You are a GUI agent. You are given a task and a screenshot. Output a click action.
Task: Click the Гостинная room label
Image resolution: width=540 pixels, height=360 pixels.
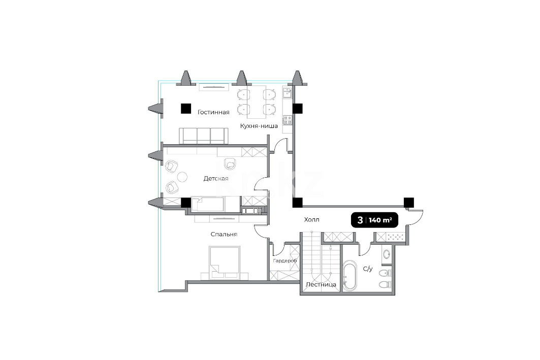(213, 112)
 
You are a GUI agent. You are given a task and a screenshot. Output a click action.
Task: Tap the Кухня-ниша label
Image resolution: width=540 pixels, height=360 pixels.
(259, 126)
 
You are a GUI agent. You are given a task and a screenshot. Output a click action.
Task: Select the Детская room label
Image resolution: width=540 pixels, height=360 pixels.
(216, 179)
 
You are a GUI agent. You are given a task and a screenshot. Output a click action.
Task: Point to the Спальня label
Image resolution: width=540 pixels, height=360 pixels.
(224, 235)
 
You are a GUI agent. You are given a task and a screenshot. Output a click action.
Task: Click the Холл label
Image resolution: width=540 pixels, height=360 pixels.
(312, 219)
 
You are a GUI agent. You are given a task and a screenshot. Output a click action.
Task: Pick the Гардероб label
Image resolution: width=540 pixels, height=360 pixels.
(285, 261)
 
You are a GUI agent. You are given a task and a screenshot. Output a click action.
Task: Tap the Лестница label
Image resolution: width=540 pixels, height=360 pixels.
(321, 285)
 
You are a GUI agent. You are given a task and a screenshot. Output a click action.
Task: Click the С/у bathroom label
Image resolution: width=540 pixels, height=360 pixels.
(368, 269)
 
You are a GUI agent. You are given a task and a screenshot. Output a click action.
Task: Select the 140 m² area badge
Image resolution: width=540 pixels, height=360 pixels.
(374, 220)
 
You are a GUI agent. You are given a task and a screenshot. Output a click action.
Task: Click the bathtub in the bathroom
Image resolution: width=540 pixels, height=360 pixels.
(351, 276)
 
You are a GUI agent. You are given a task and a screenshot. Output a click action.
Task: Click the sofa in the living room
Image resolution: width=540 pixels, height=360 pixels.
(204, 136)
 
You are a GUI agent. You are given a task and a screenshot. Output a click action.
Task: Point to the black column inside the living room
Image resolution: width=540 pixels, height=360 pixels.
(186, 109)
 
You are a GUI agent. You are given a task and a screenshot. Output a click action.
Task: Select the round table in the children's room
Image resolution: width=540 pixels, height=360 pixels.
(182, 177)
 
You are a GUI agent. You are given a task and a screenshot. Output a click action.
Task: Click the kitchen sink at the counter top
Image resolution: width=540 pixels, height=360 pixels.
(287, 92)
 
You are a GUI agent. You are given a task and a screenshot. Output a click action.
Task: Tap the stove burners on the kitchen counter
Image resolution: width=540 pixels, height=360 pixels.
(287, 120)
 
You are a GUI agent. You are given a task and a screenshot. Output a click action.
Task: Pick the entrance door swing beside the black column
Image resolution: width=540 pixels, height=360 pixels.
(415, 217)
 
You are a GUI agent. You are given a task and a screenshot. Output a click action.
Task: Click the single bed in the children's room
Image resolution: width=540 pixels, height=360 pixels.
(208, 204)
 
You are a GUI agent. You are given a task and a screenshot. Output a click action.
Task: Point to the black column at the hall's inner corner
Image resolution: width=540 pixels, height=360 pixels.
(298, 203)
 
